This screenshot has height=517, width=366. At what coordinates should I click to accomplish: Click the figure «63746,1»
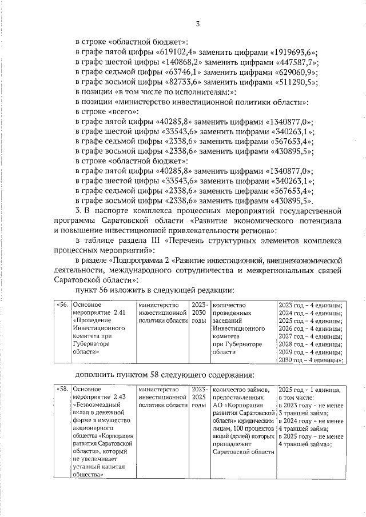click(x=178, y=73)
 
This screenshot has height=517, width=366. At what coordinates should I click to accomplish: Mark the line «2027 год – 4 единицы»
click(x=309, y=336)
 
